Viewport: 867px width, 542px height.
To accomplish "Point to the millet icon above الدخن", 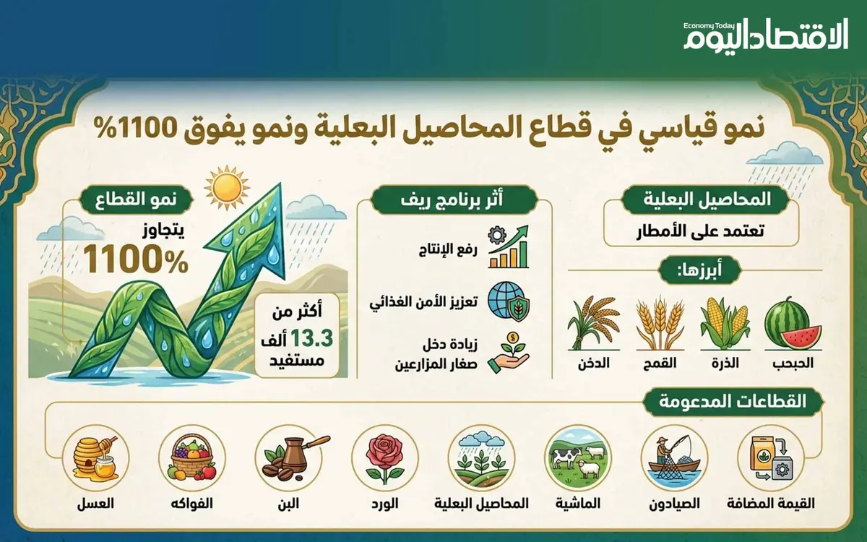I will click(593, 322).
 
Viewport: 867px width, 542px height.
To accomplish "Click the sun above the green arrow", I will click(226, 187).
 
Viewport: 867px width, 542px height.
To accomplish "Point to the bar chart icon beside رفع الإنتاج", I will click(508, 247).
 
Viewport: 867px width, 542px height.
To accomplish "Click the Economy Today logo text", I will click(765, 36).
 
